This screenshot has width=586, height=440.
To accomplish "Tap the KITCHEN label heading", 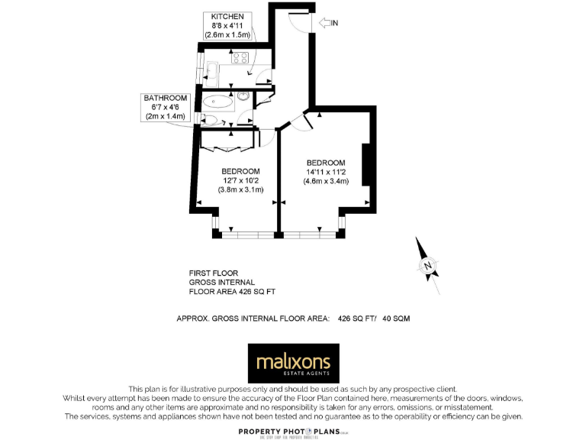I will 227,17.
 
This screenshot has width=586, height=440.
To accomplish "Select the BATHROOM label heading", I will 166,98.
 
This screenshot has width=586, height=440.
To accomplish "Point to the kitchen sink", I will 211,70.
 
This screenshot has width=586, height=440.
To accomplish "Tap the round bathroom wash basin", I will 243,96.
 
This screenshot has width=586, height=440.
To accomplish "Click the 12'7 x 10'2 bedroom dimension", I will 240,180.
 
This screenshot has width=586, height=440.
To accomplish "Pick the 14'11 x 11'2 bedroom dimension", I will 326,172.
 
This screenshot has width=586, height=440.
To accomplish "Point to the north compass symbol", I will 427,266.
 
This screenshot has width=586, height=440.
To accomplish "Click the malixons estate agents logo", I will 294,363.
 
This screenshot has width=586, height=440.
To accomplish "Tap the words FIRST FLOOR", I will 214,273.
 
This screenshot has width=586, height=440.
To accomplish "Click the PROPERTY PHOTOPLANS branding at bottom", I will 293,432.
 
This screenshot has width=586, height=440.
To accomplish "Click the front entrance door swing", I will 301,21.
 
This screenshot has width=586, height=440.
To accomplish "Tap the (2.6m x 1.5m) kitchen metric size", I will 227,35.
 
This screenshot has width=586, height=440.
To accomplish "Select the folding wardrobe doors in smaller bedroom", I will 229,141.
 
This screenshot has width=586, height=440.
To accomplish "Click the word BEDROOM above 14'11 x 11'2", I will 326,163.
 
